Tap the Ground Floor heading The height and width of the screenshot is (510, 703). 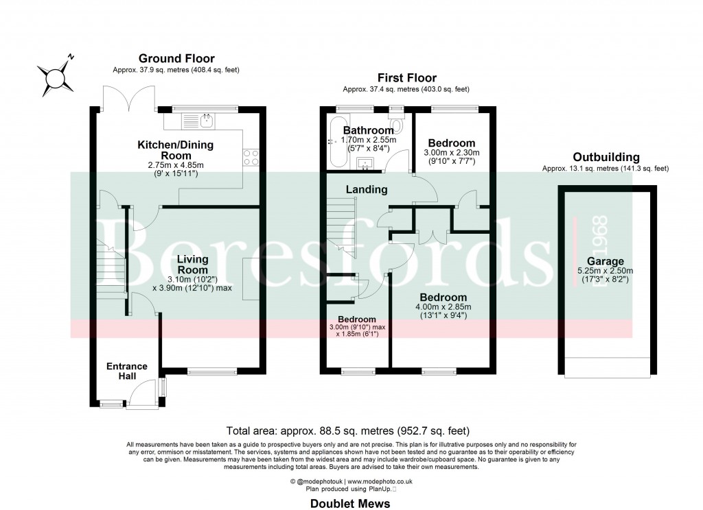pyautogui.click(x=176, y=59)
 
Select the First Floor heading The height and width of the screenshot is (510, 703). pyautogui.click(x=406, y=78)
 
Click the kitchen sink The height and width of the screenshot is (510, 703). pyautogui.click(x=205, y=121)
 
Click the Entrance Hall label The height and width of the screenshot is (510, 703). pyautogui.click(x=127, y=371)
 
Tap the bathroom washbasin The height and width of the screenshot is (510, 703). pyautogui.click(x=365, y=163)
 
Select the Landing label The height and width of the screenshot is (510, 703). pyautogui.click(x=366, y=189)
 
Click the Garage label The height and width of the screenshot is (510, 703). pyautogui.click(x=605, y=261)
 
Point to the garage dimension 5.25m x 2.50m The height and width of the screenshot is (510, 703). pyautogui.click(x=605, y=275)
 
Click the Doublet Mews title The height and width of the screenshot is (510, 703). pyautogui.click(x=351, y=504)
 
